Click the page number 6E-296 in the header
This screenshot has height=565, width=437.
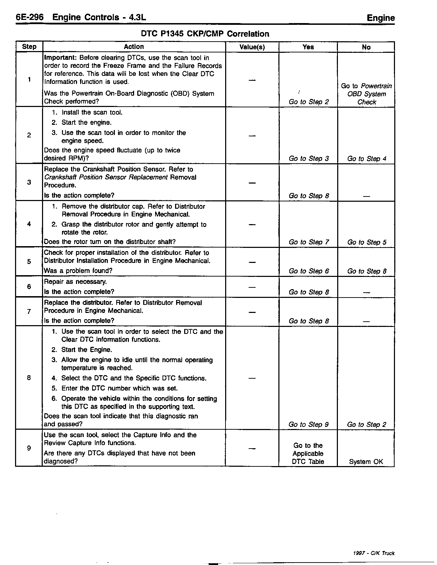(29, 17)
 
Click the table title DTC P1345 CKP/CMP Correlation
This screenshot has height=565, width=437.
(205, 34)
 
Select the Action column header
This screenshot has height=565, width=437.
(134, 47)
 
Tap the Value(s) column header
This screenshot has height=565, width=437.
(252, 47)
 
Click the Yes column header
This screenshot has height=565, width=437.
(308, 47)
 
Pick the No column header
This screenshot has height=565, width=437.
(366, 47)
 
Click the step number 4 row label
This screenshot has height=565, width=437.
(29, 224)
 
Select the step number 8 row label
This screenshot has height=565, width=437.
(29, 378)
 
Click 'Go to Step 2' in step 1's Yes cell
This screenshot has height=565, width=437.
(309, 102)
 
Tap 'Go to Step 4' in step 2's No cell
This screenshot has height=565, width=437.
(367, 159)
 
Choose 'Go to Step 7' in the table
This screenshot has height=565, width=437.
(309, 242)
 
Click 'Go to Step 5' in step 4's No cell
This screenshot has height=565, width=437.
(367, 242)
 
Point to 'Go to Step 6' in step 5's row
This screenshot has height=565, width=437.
(309, 271)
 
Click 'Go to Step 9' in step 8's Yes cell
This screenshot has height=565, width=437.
(308, 424)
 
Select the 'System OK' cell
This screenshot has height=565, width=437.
(366, 462)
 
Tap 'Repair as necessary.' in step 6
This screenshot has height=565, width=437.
(75, 282)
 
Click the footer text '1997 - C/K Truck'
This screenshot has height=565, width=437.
(374, 553)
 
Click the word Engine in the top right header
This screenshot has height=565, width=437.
(381, 18)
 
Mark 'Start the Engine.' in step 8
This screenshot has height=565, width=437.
(86, 350)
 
